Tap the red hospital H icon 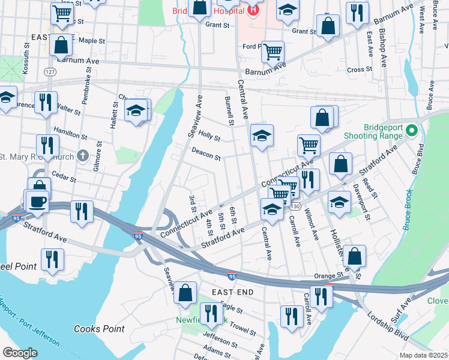coord(253,10)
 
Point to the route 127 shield coord(49,71)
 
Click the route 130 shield coord(295,206)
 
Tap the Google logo coord(20,352)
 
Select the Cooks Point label coord(99,329)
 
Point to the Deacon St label coord(206,155)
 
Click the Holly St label coord(209,136)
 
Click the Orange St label coord(327,276)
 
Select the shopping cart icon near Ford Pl coord(273,52)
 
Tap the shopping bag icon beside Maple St coord(61,44)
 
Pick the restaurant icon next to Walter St coord(46,102)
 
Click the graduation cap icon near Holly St coord(261,136)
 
